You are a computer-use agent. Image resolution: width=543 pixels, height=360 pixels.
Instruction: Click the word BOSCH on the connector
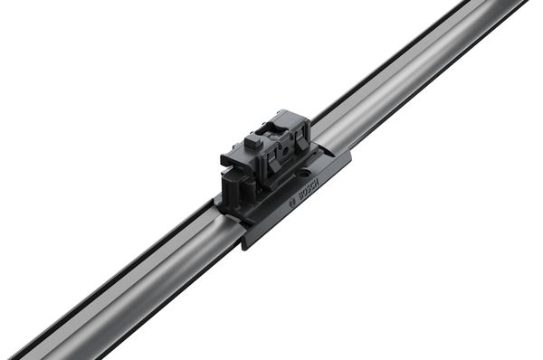tap(309, 189)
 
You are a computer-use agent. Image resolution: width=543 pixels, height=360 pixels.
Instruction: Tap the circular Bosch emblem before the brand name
tap(292, 204)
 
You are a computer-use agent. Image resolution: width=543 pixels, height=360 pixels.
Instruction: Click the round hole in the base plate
tap(304, 173)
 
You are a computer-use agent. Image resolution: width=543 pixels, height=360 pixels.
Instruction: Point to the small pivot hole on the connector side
tap(285, 150)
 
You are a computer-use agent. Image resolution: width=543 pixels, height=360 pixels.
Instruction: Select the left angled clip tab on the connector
tap(273, 163)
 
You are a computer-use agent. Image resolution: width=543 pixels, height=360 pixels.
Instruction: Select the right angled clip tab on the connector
tap(301, 140)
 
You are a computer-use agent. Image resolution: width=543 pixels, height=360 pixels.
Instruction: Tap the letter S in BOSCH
tap(309, 189)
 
